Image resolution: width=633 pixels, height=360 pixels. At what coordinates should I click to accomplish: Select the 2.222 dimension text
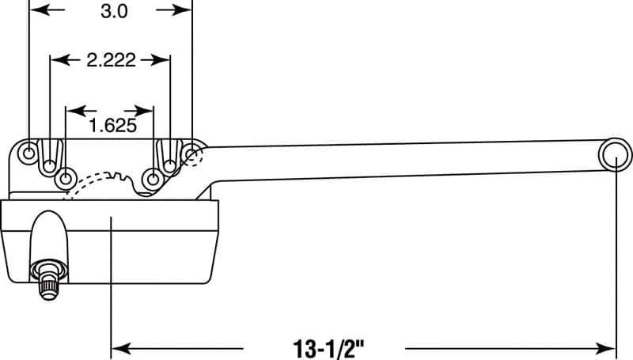coord(111,59)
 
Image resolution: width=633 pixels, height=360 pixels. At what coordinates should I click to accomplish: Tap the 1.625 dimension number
coord(111,124)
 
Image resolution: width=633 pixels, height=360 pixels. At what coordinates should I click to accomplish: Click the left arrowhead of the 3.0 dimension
coord(35,10)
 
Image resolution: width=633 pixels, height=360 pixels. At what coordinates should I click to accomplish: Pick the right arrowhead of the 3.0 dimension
coord(185,10)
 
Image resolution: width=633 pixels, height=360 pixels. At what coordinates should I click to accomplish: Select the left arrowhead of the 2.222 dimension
coord(56,59)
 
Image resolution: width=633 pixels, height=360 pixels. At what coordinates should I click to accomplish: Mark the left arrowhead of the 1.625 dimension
coord(72,109)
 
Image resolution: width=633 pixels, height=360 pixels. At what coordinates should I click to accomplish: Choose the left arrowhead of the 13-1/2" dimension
coord(118,347)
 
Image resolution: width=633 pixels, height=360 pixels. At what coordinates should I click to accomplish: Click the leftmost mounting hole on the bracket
coord(29,151)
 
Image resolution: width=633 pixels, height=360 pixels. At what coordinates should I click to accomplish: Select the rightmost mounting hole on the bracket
coord(191,152)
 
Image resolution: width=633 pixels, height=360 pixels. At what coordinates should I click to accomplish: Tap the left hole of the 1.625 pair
coord(66,176)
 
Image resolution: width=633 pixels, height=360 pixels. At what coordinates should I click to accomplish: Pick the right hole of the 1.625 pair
coord(151,176)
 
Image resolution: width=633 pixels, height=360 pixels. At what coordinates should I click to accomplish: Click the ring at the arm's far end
coord(616,156)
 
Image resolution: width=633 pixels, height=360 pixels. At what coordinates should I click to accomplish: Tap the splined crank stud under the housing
coord(47,281)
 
